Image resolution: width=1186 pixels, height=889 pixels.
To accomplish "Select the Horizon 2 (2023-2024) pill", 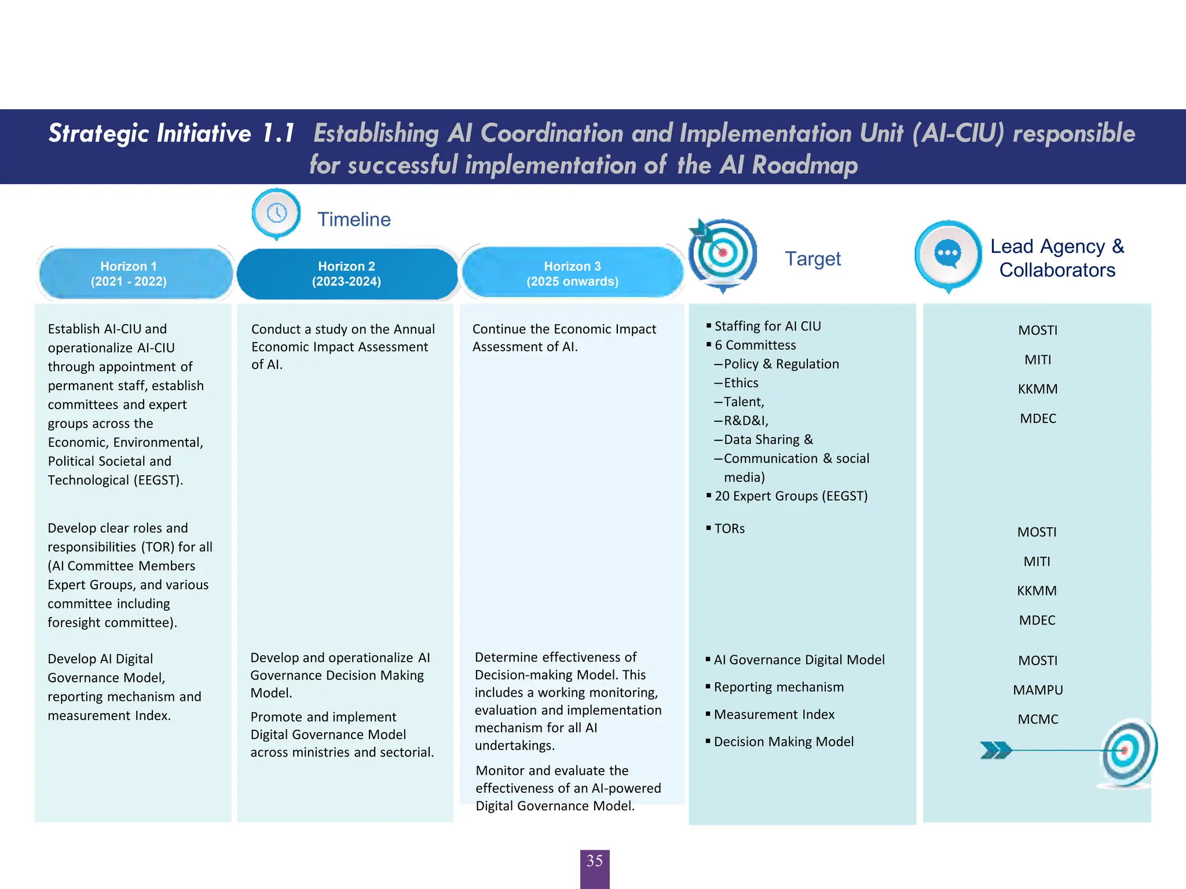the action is coord(347,274).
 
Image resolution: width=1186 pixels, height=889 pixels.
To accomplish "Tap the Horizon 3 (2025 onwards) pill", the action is coord(572,274).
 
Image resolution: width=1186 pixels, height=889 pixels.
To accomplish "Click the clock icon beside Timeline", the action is coord(277,213).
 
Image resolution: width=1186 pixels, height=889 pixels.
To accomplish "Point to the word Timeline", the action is coord(354,219).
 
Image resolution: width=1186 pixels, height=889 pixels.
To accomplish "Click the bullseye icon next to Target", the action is coord(723,253).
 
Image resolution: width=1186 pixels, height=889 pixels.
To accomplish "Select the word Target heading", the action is coord(812,259).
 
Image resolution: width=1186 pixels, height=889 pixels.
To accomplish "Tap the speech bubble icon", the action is coord(948,253).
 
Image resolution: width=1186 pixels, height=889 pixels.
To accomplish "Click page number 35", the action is coord(595,861).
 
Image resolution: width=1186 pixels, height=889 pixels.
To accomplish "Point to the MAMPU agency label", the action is coord(1038,690).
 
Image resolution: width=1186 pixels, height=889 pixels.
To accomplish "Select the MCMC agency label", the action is coord(1038,719).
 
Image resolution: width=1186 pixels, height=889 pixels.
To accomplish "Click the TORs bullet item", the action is coord(729,528).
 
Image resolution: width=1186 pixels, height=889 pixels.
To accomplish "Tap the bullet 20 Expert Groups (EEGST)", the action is coord(790,496).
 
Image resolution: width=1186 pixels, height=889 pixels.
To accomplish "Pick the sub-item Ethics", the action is coord(741,383).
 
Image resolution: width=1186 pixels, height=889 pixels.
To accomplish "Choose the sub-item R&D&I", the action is coord(746,421).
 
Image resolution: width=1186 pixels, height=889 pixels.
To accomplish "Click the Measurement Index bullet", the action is coord(774,714).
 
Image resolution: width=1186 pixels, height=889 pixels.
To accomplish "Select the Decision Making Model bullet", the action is coord(784,741).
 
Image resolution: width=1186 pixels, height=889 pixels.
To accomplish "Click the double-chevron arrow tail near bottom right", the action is coord(995,750).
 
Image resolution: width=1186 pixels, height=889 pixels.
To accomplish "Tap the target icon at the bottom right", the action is coord(1126,752).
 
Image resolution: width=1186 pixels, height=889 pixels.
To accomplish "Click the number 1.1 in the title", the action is coord(279,133).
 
